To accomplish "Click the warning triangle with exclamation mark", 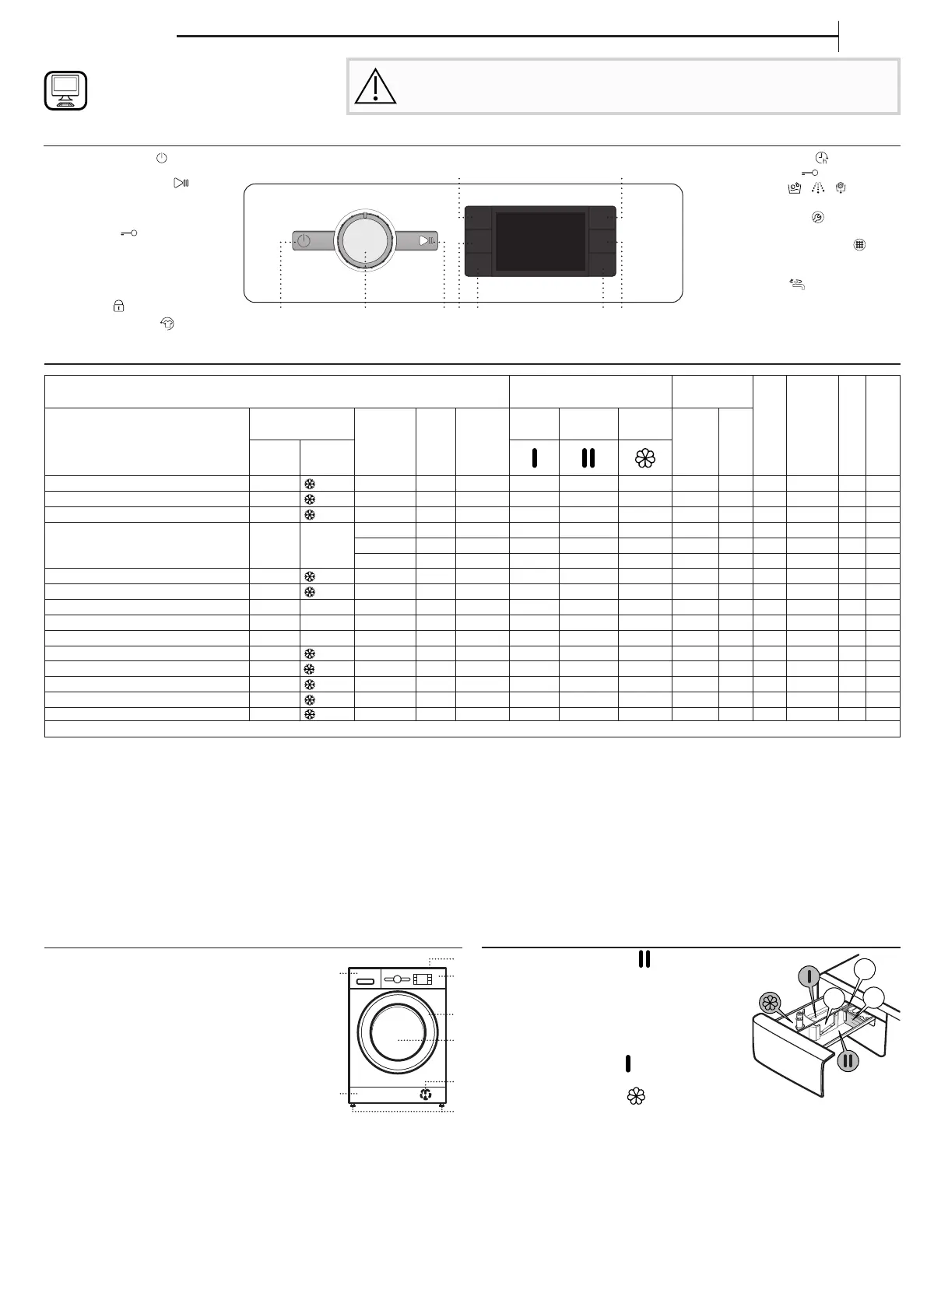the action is (375, 87).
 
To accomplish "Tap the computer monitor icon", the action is (65, 90).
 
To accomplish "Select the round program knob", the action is (364, 240).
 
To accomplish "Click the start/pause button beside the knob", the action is (420, 241).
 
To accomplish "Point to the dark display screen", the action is (540, 241).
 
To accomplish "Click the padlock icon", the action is (118, 306).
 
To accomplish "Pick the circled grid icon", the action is (859, 244).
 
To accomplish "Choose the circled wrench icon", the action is (807, 219).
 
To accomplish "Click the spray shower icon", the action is (816, 188).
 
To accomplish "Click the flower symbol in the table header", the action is (645, 458).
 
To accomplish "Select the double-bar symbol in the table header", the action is (588, 458).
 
